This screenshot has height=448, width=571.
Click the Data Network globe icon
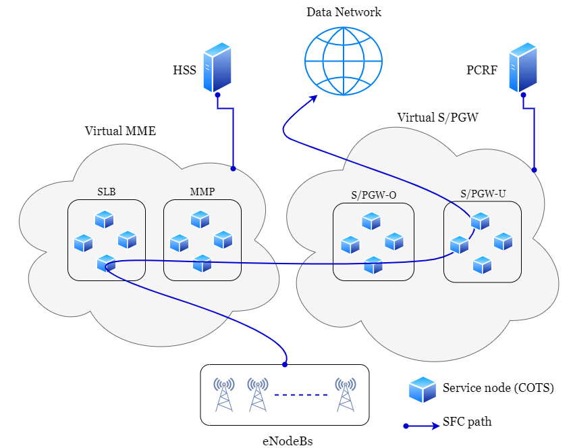[x=344, y=61]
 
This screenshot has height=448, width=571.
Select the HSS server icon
[x=217, y=68]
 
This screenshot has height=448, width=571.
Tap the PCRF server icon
[x=523, y=68]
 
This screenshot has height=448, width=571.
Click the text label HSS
[x=185, y=70]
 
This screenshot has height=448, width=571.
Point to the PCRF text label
[x=482, y=70]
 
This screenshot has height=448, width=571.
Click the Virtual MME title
[x=120, y=131]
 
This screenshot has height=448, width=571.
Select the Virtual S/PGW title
[x=438, y=118]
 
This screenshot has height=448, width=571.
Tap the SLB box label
[x=107, y=192]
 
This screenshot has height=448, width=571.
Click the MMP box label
[x=202, y=192]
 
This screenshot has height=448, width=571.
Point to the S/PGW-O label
[x=374, y=195]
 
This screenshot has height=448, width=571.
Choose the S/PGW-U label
[x=483, y=193]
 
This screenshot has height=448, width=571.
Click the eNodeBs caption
[x=288, y=441]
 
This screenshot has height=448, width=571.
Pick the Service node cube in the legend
[x=423, y=389]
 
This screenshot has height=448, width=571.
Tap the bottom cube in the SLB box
[x=107, y=263]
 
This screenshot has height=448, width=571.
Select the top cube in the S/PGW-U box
[x=481, y=221]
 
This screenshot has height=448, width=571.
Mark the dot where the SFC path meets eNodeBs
[x=285, y=364]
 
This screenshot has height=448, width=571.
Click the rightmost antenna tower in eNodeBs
[x=345, y=395]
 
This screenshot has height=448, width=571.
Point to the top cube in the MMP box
[x=200, y=220]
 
